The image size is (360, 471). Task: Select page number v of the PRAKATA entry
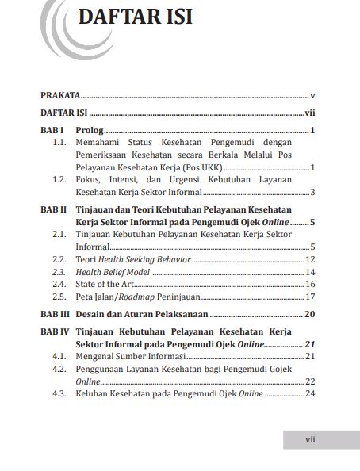tap(314, 95)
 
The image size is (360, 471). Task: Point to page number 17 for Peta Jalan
tap(311, 297)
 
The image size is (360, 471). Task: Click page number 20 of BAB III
tap(310, 315)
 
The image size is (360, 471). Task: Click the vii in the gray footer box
tap(311, 438)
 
